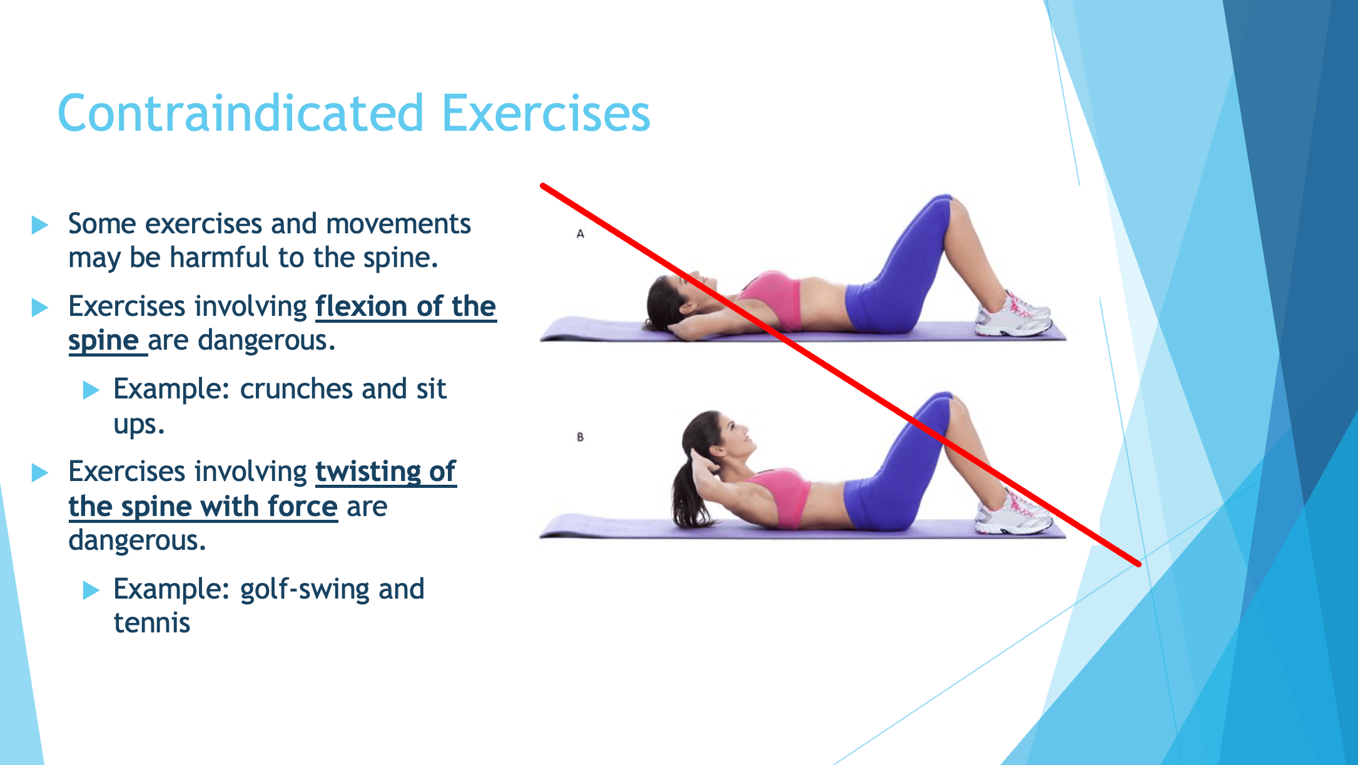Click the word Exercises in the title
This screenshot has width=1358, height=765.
point(546,113)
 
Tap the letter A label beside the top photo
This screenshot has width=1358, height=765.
point(580,234)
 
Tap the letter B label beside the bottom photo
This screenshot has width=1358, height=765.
point(580,437)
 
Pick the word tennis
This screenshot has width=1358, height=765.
point(152,623)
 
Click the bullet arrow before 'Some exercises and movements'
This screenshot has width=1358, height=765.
point(40,225)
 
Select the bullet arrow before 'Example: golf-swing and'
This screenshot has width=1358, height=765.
point(91,590)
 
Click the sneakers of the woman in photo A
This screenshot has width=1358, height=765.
point(1013,314)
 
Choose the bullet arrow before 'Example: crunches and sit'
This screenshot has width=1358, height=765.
point(91,390)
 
